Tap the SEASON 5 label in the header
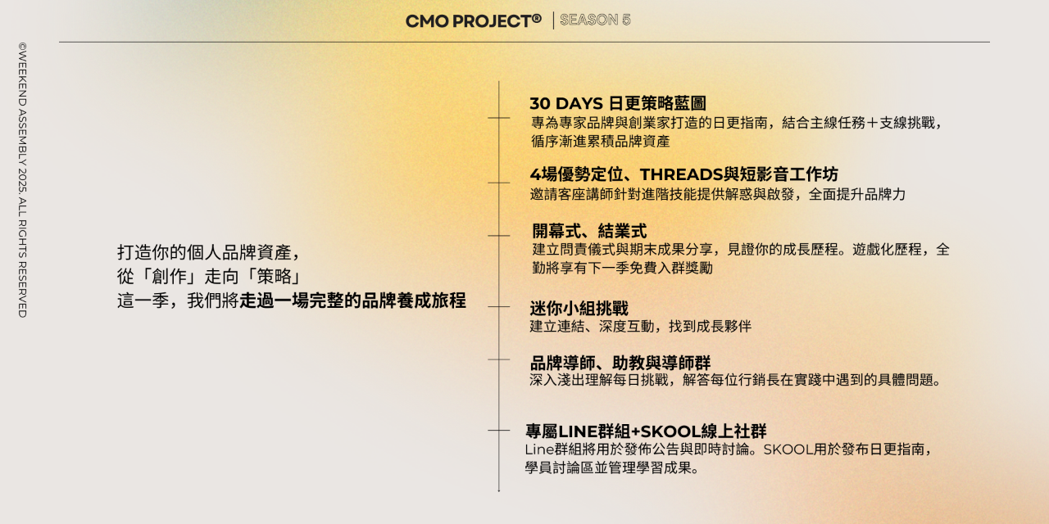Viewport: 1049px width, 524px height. [x=595, y=20]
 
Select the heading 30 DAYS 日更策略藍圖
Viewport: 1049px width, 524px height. [x=618, y=104]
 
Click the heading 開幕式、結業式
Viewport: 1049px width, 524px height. [x=589, y=231]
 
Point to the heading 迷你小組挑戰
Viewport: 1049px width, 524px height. [x=579, y=309]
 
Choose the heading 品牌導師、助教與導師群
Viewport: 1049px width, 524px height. [x=620, y=363]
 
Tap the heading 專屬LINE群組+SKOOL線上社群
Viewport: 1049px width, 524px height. [x=646, y=431]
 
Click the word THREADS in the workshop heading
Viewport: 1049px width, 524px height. [x=680, y=174]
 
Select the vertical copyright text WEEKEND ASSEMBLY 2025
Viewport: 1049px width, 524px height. [x=22, y=180]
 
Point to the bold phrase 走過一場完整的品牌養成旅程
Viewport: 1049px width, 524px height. [x=352, y=300]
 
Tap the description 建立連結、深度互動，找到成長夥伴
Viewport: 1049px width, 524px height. [x=640, y=327]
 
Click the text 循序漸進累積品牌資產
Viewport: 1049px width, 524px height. [x=601, y=141]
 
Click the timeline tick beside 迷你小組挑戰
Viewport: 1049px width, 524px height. [x=498, y=307]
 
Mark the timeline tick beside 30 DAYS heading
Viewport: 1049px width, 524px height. [x=498, y=118]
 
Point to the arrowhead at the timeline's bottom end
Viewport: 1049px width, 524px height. [x=498, y=489]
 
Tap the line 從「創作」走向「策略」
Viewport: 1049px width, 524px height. [x=211, y=276]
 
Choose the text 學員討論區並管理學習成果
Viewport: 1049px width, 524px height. [x=612, y=468]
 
